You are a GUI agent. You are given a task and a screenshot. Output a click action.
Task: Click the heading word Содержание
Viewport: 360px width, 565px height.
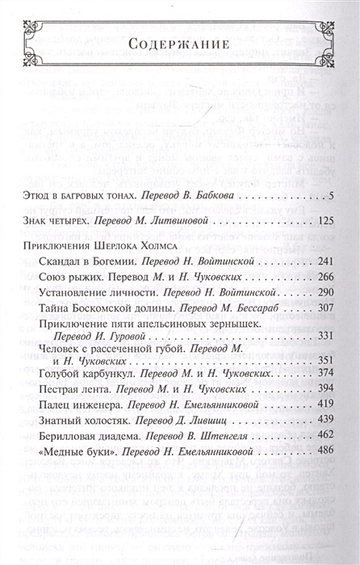(x=180, y=43)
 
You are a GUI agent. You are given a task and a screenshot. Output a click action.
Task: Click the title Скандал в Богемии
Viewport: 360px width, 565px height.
(x=87, y=286)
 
